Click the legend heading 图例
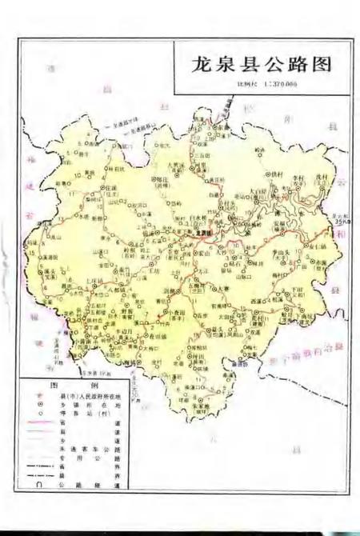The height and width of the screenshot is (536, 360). [x=63, y=385]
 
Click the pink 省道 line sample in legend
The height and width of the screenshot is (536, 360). [x=40, y=422]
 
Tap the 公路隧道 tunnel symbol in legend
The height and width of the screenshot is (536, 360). [x=37, y=483]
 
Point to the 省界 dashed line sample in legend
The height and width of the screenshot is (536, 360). [x=40, y=466]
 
